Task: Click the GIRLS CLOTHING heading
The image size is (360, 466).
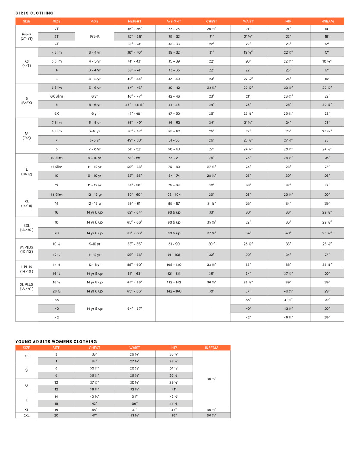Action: coord(34,13)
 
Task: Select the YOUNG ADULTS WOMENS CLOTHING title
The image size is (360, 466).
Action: coord(56,341)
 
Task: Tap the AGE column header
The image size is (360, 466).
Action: coord(94,21)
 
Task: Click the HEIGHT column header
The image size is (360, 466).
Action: coord(135,21)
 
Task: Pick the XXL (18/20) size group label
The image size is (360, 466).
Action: coord(26,227)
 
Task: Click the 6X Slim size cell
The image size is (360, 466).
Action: coord(56,96)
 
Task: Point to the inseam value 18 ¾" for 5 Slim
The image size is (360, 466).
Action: coord(327,61)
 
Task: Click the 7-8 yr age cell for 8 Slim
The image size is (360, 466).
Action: coord(94,131)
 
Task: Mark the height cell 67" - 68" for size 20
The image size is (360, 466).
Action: coord(135,233)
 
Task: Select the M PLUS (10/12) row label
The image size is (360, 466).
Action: coord(26,249)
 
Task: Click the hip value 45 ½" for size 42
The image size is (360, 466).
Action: coord(288,317)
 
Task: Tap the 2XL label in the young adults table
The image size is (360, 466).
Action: coord(26,415)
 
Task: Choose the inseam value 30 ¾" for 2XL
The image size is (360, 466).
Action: coord(211,415)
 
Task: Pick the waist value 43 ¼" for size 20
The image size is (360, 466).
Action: coord(135,415)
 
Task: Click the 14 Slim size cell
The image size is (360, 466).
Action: coord(56,195)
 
